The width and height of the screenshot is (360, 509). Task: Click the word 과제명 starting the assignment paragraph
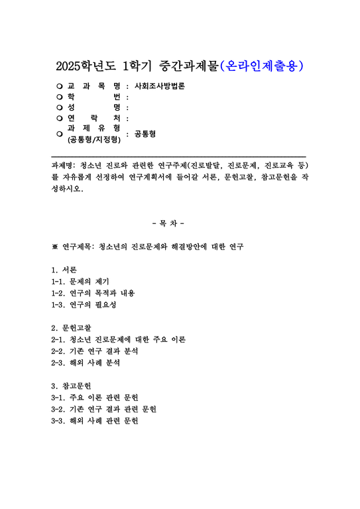pos(63,164)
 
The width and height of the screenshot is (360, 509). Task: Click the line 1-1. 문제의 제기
pos(84,282)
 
